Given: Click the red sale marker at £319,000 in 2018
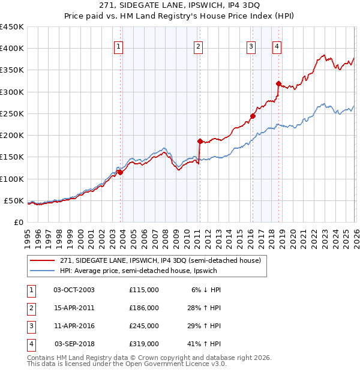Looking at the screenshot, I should [278, 84].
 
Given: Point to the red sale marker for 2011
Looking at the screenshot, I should [200, 141].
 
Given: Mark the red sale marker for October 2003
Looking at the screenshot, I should [120, 172].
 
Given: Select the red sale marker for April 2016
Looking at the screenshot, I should [253, 116].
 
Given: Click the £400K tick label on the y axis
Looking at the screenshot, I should [12, 49].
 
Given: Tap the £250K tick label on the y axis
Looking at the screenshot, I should [12, 113].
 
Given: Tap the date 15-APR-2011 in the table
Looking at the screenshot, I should [74, 308].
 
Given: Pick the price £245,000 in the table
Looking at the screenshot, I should [144, 326].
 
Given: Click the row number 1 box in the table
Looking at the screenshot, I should [31, 290].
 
